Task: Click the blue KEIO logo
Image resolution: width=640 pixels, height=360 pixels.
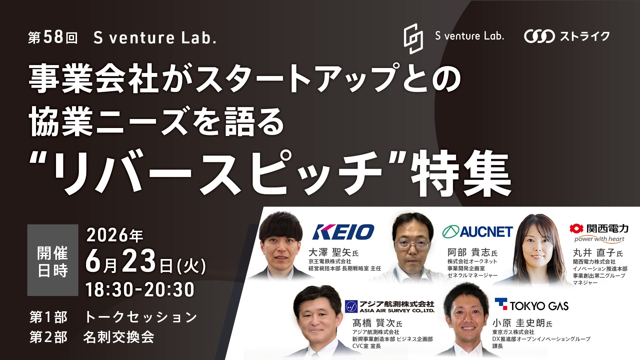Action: pos(343,232)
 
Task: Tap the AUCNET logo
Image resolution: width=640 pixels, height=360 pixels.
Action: pos(477,232)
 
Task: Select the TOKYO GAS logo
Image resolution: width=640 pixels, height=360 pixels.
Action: pos(531,305)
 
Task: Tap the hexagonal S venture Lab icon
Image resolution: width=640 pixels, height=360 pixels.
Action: pos(413,39)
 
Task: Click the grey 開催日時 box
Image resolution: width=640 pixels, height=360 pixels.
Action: pos(53,260)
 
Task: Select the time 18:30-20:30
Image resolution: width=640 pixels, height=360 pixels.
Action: pos(140,289)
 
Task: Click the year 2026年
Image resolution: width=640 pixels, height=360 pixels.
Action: pos(115,235)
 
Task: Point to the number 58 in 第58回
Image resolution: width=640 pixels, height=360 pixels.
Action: pos(53,37)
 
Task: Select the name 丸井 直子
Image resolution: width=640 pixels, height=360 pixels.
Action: pos(594,252)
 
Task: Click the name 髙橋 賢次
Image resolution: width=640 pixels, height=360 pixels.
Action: pos(374,323)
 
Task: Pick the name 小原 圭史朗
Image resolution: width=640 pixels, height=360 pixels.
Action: pos(519,323)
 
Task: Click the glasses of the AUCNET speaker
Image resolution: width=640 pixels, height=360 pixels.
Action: pos(413,245)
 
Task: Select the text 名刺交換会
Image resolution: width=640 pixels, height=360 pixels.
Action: pos(119,337)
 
